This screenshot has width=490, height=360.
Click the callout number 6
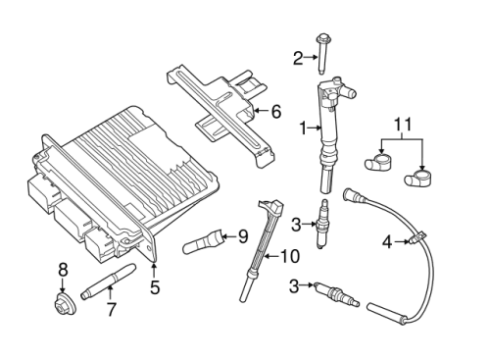point(276,112)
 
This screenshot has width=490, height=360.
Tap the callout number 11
point(403,125)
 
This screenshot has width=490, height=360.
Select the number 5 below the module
point(155,287)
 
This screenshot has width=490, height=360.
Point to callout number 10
point(290,256)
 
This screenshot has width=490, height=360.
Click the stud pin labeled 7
point(108,282)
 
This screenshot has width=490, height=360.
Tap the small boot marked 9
point(203,241)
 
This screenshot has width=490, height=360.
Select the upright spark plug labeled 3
point(320,224)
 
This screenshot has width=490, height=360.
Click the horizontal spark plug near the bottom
point(336,294)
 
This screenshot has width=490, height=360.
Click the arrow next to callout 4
point(401,241)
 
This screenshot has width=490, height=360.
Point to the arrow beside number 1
point(315,129)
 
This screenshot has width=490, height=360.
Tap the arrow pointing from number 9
point(229,235)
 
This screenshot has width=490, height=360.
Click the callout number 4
point(387,242)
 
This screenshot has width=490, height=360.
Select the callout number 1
point(303,129)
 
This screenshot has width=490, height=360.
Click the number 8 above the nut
point(63,270)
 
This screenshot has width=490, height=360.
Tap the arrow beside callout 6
point(262,111)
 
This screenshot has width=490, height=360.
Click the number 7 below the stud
point(112,309)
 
